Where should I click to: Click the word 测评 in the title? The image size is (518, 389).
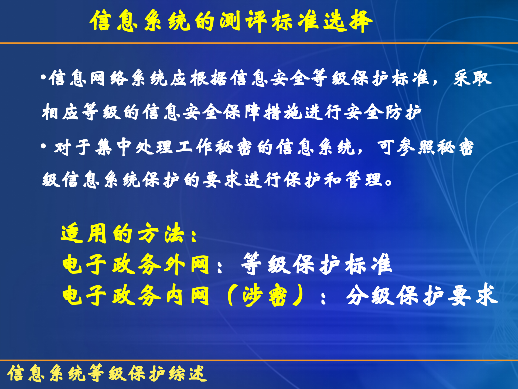(x=243, y=21)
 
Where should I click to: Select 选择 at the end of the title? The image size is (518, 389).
(x=348, y=21)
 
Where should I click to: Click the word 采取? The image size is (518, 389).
(x=472, y=78)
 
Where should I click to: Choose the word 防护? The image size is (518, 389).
(x=403, y=112)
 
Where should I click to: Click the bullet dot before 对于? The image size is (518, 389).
(x=43, y=147)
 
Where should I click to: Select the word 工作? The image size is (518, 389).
(x=194, y=147)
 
